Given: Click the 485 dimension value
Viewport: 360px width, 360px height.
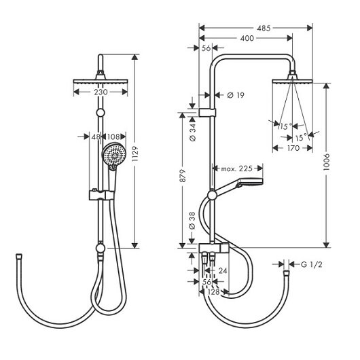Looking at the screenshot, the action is point(264,29).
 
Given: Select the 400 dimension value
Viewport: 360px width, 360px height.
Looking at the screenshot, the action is point(247,38).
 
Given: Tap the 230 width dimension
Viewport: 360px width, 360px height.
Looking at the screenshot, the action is point(101,92).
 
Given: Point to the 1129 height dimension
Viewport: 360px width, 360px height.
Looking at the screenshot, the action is point(135,154).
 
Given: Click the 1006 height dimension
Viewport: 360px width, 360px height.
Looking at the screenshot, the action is point(326,162).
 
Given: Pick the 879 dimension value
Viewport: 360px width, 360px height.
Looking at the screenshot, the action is point(183,176).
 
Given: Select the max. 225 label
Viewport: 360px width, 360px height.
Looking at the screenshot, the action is point(236,168).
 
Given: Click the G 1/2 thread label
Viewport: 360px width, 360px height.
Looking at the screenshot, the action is point(312,264).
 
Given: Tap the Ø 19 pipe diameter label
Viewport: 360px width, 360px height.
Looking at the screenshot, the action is point(236,95).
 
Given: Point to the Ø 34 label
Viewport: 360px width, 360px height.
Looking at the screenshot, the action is point(192,132).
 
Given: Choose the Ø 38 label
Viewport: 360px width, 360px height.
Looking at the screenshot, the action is point(192,221).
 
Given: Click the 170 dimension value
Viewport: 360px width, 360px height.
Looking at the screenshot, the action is point(293,148).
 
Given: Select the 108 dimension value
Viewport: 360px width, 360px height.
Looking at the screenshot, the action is point(113,137).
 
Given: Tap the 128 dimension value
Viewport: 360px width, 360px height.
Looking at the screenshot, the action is point(213,292).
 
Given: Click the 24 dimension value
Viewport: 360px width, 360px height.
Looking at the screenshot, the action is point(223,271).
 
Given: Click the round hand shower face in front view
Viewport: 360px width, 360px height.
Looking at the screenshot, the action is point(114,155).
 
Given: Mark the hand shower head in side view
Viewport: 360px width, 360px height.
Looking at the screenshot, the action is point(250,181).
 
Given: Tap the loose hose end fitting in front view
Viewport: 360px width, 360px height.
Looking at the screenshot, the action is point(19,256).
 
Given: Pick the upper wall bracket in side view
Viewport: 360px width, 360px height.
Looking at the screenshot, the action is point(207,112).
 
